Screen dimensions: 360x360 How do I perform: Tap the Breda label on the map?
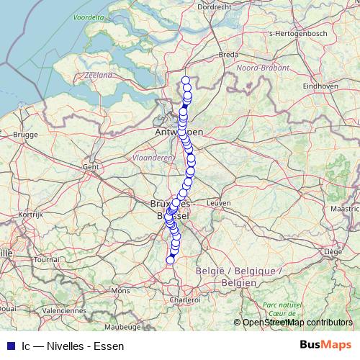click(228, 54)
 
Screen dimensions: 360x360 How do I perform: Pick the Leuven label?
click(217, 204)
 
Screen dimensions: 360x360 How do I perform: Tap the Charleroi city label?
click(185, 300)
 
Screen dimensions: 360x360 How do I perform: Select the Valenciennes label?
click(64, 310)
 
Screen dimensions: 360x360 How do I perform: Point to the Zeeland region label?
click(98, 75)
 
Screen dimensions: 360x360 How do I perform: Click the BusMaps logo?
click(325, 345)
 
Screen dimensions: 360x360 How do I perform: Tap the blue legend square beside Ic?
click(10, 346)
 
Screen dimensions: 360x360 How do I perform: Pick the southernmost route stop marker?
click(171, 260)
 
